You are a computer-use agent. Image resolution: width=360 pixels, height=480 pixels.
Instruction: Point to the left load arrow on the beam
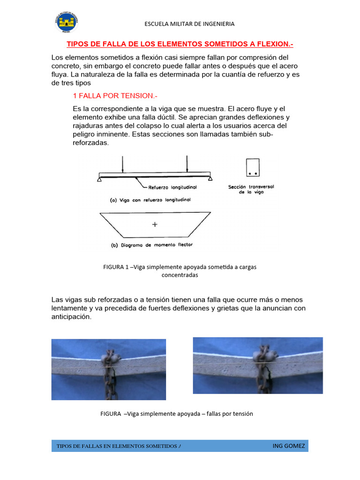point(122,164)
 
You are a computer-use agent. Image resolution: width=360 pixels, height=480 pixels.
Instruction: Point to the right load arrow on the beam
point(187,164)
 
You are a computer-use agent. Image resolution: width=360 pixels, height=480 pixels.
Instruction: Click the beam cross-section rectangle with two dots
point(253,167)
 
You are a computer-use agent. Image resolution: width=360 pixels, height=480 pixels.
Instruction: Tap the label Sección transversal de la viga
point(251,189)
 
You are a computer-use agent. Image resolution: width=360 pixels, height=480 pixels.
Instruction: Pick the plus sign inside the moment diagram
point(155,225)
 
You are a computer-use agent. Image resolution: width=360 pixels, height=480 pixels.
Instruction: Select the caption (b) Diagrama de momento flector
point(151,245)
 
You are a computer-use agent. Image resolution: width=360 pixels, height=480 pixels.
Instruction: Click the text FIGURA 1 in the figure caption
point(116,267)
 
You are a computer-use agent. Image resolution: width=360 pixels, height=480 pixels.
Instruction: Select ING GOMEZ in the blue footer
point(288,446)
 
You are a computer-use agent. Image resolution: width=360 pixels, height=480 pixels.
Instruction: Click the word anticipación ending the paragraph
point(71,316)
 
